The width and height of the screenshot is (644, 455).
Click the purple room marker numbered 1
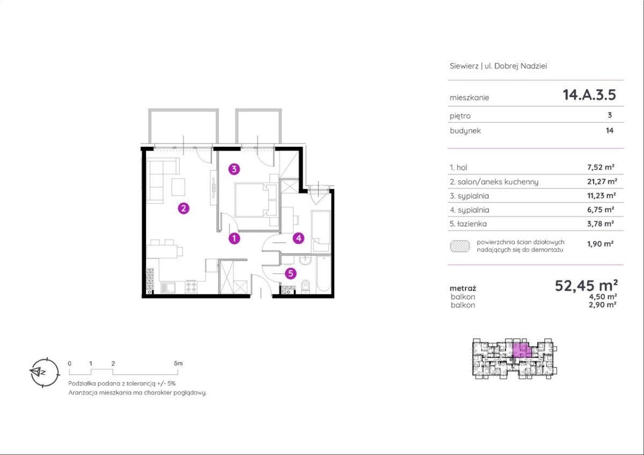click(235, 238)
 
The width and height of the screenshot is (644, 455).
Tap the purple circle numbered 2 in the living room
click(184, 208)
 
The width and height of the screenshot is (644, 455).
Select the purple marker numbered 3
click(234, 169)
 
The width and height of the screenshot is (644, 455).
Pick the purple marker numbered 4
click(299, 238)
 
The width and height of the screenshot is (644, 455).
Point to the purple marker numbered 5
click(291, 273)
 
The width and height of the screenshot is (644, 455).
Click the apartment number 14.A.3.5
click(589, 94)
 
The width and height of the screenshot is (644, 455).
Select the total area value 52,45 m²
click(586, 286)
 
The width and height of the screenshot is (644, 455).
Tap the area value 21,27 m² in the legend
click(602, 182)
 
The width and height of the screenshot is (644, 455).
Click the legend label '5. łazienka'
click(469, 223)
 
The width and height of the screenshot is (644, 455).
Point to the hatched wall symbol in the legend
click(460, 247)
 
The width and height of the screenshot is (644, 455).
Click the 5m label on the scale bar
click(178, 363)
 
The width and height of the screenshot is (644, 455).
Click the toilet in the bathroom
click(305, 287)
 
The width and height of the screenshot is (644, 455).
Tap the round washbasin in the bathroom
click(304, 260)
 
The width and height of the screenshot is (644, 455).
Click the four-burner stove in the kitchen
click(191, 287)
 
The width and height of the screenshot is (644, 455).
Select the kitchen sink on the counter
click(167, 288)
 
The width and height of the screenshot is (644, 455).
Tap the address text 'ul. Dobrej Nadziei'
click(516, 66)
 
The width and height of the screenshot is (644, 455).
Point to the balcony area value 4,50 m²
click(602, 296)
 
